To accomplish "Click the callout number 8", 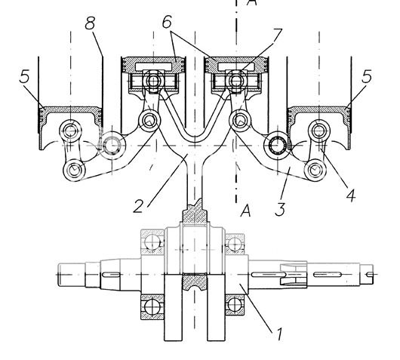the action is tap(90, 23).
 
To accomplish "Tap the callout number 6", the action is tap(167, 22).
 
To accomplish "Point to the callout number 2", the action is tap(138, 206).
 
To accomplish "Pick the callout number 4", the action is tap(351, 196).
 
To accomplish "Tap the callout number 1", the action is tap(279, 334).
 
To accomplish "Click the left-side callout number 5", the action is tap(24, 76).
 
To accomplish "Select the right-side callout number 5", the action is tap(367, 76).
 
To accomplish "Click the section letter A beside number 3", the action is tap(246, 211).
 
